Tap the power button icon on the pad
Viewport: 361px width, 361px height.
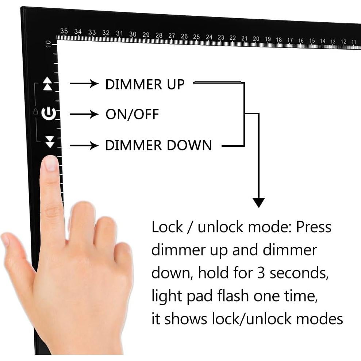(x=49, y=114)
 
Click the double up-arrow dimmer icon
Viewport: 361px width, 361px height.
(x=48, y=84)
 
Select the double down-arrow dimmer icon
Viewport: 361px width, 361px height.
(x=50, y=142)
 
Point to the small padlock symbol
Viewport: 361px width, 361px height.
(x=36, y=111)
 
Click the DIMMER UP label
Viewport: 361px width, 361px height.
(x=145, y=84)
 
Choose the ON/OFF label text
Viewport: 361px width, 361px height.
(x=132, y=114)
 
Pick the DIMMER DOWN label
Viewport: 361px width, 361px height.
(x=158, y=145)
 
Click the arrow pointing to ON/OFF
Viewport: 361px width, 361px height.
(x=84, y=114)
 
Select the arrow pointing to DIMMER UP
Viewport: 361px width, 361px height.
(x=84, y=84)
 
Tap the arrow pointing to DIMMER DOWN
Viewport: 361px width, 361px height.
(x=84, y=146)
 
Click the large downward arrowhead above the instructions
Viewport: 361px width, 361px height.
(x=258, y=203)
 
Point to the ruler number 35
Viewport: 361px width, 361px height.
(x=64, y=31)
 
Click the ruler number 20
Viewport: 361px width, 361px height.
(x=256, y=39)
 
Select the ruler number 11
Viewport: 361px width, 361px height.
(x=354, y=42)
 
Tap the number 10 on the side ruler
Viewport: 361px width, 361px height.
(x=48, y=44)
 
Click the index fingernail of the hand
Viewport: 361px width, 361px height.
(x=51, y=164)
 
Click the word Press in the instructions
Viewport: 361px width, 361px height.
(x=314, y=227)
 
